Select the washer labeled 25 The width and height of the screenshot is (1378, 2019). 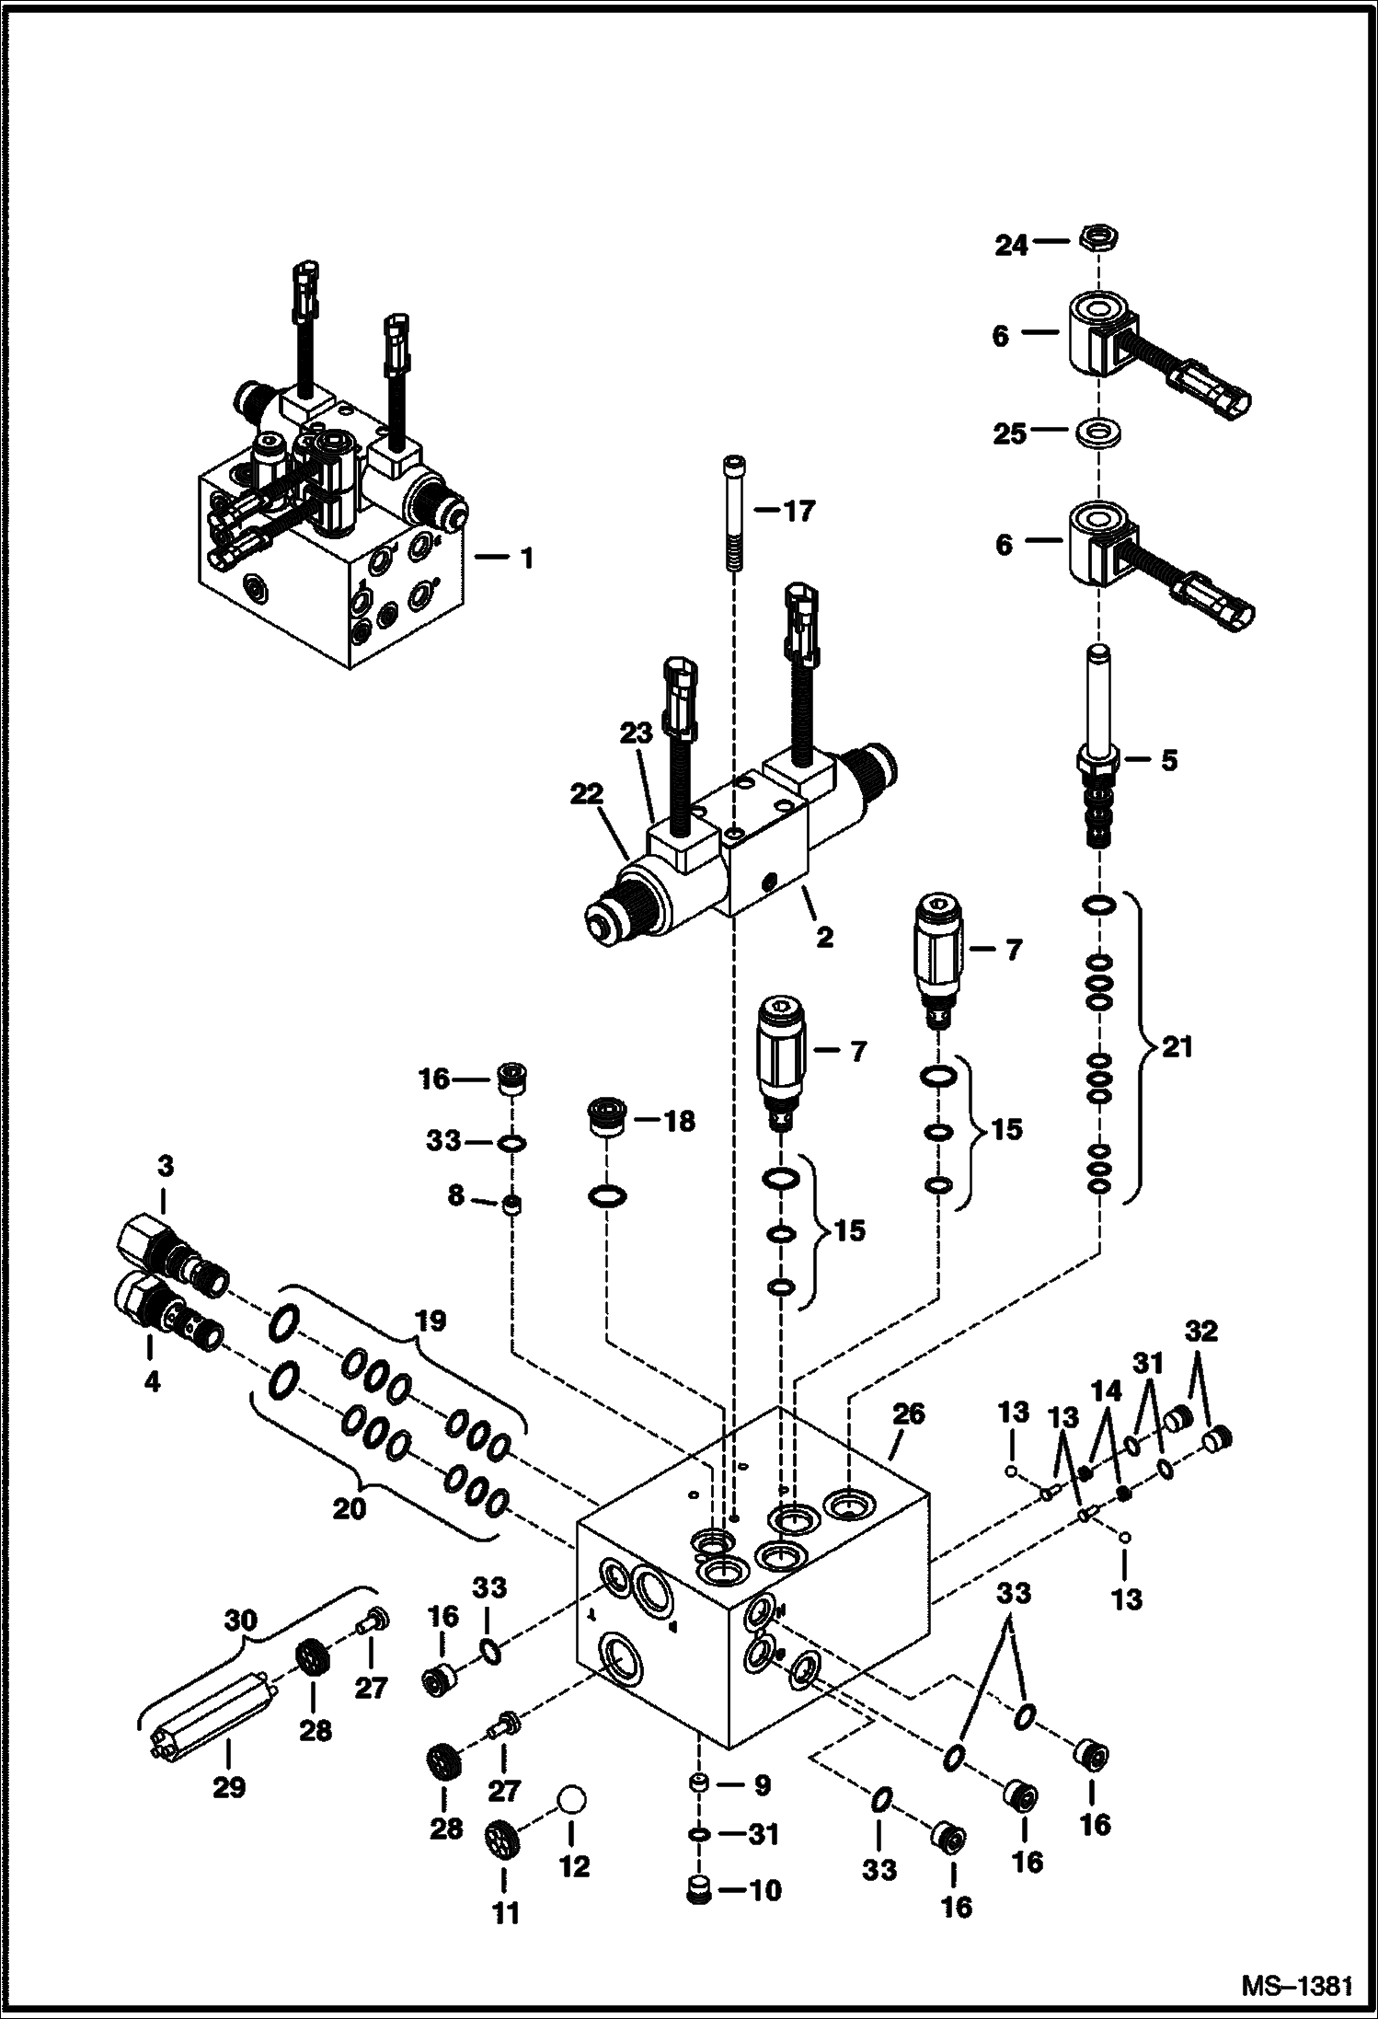(x=1098, y=433)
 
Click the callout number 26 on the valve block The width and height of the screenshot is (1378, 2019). (x=908, y=1413)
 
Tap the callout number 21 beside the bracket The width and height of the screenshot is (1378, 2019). (x=1177, y=1047)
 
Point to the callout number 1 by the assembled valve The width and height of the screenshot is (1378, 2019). (x=525, y=559)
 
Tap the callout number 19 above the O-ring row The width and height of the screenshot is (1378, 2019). (x=430, y=1322)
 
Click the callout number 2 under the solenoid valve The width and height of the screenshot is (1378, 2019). (x=823, y=937)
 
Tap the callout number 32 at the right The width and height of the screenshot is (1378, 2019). (x=1200, y=1332)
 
